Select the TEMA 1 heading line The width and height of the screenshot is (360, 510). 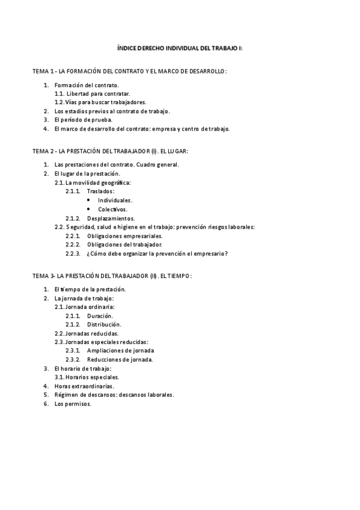point(129,71)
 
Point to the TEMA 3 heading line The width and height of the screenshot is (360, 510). point(112,275)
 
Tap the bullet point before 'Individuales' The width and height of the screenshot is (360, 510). point(89,200)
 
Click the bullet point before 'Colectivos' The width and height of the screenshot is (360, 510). point(89,209)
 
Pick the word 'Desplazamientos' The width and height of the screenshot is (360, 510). point(111,218)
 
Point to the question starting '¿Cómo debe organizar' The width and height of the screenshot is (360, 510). point(157,253)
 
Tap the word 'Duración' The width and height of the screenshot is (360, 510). point(100,316)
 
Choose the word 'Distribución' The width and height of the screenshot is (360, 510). point(104,324)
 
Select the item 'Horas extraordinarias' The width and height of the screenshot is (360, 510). point(84,386)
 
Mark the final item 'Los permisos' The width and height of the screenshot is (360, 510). point(73,404)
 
